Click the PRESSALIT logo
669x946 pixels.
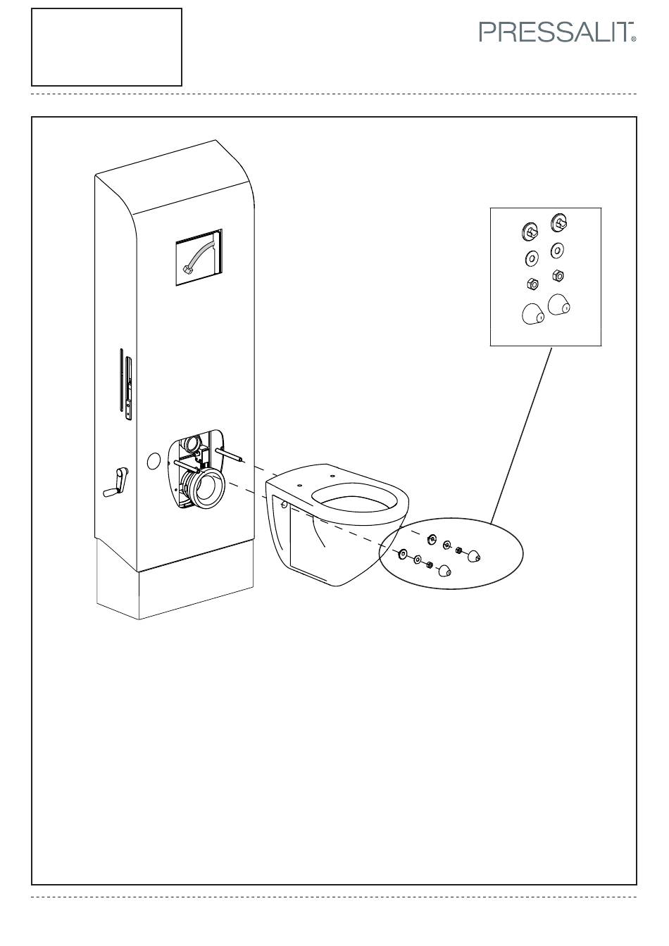click(558, 32)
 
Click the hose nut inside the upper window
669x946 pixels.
click(186, 269)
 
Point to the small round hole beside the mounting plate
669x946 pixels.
click(154, 461)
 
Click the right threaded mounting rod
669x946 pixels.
click(230, 455)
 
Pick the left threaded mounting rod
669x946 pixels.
click(186, 465)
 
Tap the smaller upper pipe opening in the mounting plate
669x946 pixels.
click(195, 443)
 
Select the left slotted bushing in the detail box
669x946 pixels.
click(530, 232)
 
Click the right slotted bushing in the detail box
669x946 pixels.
click(558, 222)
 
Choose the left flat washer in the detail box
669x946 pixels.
click(531, 258)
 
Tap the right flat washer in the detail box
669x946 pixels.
click(557, 251)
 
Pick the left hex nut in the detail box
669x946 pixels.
click(532, 284)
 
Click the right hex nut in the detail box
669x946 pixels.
click(558, 276)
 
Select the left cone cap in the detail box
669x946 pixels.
click(533, 314)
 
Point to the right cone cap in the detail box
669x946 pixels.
click(558, 305)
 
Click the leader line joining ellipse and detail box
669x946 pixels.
click(521, 436)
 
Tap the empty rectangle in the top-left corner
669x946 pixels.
click(106, 47)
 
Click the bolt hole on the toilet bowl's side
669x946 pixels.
click(285, 504)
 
